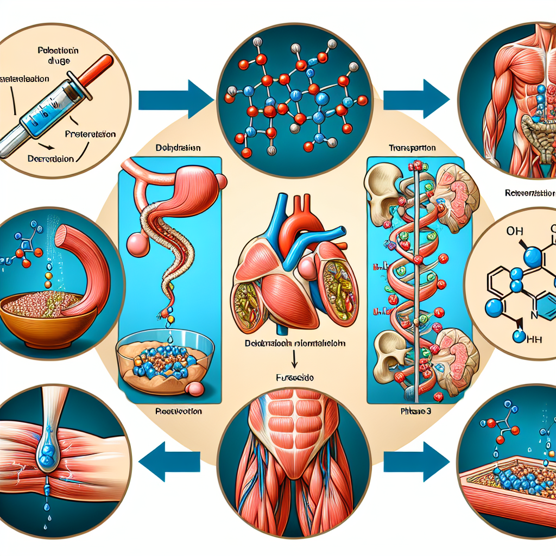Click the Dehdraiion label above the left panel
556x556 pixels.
(178, 147)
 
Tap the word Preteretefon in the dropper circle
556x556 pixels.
(90, 134)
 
